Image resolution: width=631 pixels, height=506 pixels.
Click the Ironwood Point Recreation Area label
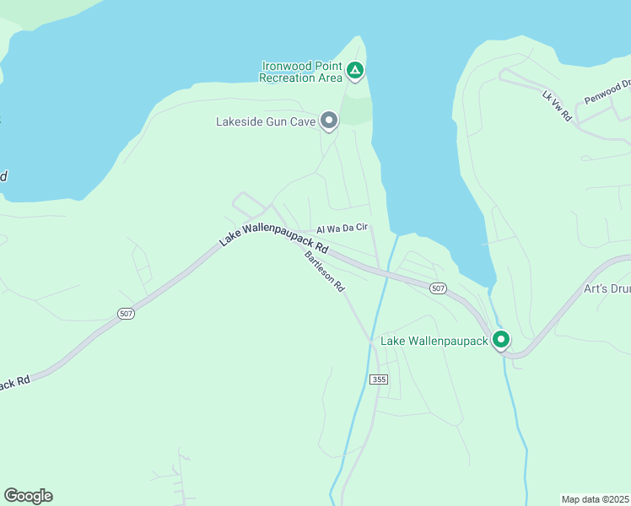(x=302, y=72)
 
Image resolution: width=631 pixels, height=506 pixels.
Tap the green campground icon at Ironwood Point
(x=355, y=71)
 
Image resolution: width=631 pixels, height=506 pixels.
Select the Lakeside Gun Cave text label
(x=265, y=121)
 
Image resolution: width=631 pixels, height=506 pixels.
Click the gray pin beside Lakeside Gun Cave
(x=329, y=121)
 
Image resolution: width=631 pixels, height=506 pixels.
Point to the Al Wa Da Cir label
(x=342, y=228)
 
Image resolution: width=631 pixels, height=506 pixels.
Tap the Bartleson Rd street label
(x=326, y=272)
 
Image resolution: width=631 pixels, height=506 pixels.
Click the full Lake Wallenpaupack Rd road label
(x=272, y=229)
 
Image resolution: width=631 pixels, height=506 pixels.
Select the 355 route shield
(x=378, y=379)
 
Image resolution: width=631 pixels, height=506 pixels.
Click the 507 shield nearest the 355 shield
(x=437, y=288)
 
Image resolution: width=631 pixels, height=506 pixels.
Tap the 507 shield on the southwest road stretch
(x=125, y=314)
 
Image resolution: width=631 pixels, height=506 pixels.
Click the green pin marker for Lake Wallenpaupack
(x=501, y=341)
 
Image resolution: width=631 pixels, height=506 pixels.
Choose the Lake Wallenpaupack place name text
(x=434, y=341)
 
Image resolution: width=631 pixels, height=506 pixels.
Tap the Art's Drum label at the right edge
(x=607, y=288)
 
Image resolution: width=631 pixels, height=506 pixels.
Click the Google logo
(x=28, y=496)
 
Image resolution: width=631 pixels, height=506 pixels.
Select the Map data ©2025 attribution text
(x=596, y=499)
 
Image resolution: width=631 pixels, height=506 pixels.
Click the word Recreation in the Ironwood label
(x=289, y=78)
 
